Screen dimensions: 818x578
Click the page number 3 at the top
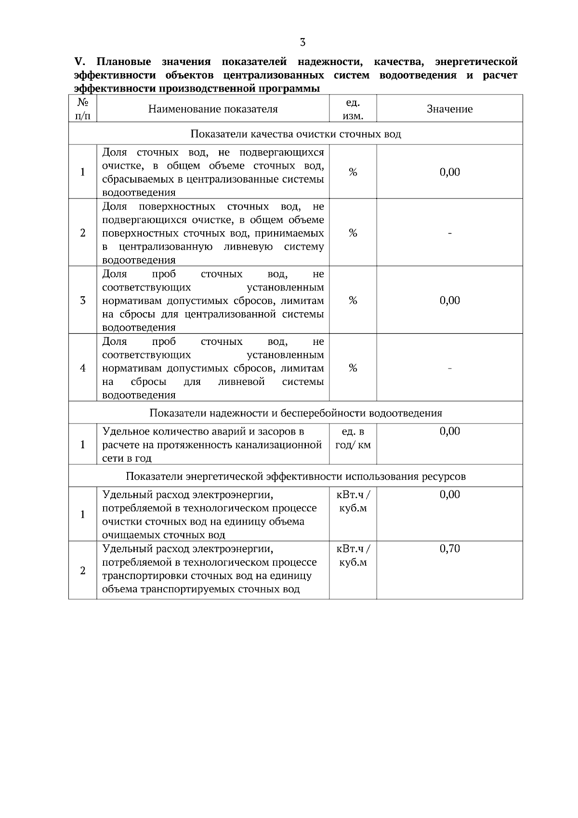[302, 42]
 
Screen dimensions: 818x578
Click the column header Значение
[449, 109]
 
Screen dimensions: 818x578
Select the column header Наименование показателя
[213, 109]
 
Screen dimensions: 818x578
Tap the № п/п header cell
[82, 109]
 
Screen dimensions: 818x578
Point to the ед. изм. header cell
[353, 109]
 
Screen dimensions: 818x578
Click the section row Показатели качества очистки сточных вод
[295, 134]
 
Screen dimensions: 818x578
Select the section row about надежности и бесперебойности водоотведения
[295, 413]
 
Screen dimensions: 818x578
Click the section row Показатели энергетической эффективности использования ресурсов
[295, 476]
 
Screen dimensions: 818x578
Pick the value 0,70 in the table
[449, 549]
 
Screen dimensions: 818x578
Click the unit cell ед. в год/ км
[353, 438]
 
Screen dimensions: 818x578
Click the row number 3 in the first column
[82, 301]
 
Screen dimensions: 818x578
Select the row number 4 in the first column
[82, 368]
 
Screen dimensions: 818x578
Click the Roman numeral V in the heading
[79, 62]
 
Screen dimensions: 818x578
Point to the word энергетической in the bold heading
[476, 62]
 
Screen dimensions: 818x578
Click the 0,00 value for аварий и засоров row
[449, 431]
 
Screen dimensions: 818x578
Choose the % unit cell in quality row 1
[353, 172]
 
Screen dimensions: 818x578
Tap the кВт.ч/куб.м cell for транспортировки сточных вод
[353, 555]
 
